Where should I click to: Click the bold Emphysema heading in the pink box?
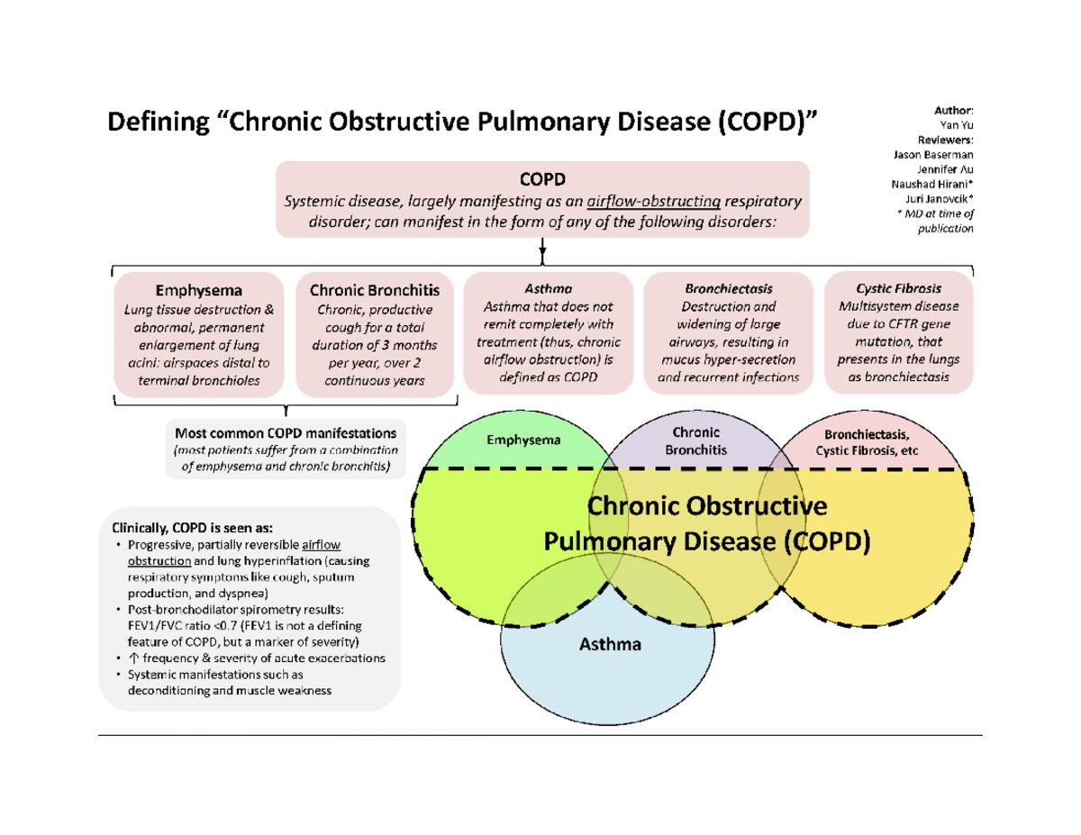198,290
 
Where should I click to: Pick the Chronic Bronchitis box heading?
375,290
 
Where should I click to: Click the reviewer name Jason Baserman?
933,154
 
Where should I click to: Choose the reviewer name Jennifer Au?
942,168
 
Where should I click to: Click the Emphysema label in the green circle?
522,440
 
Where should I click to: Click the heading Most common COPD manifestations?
286,433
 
